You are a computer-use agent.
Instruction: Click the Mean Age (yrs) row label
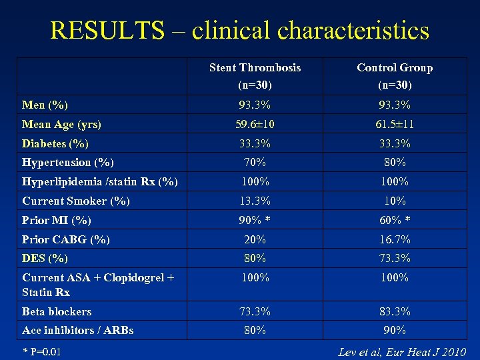tap(61, 124)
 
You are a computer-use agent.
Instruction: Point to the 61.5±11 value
tap(395, 124)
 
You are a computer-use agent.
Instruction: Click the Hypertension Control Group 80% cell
tap(395, 162)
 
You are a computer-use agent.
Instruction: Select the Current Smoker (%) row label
tap(76, 201)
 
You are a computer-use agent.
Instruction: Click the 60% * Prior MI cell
tap(395, 220)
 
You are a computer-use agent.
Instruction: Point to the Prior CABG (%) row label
tap(66, 239)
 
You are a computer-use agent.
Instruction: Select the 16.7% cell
tap(395, 239)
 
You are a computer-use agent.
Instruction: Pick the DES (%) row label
tap(45, 258)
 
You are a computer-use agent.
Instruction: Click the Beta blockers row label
tap(57, 311)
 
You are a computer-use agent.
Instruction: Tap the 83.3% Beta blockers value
tap(395, 311)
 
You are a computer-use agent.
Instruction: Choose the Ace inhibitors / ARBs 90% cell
tap(395, 330)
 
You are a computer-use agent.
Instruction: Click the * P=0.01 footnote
tap(41, 351)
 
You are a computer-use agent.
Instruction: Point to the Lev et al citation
tap(401, 351)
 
